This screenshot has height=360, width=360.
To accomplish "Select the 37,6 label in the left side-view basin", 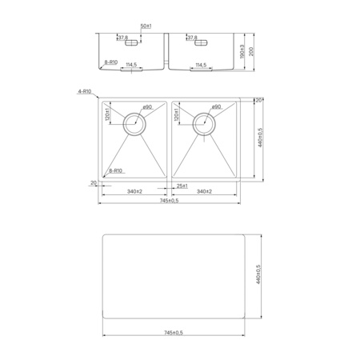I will click(123, 38).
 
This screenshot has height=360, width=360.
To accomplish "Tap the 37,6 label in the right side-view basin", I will click(192, 38).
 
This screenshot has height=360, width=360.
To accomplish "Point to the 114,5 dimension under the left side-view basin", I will click(130, 64).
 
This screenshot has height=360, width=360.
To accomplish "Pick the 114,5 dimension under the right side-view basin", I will click(200, 64).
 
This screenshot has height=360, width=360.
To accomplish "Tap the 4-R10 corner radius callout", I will click(84, 92).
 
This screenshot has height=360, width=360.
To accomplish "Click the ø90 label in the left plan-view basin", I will click(147, 106).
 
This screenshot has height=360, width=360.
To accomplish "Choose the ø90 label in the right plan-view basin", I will click(216, 106).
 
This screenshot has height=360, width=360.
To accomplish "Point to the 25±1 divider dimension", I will click(182, 186).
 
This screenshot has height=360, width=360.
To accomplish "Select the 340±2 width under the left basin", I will click(134, 192).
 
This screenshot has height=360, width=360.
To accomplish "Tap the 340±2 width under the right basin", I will click(203, 192).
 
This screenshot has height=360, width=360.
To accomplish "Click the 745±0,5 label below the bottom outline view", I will click(174, 332).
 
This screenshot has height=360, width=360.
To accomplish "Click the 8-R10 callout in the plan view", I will click(115, 170).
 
